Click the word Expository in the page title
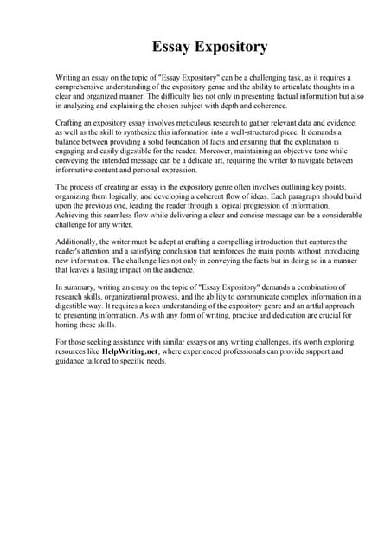click(228, 46)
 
